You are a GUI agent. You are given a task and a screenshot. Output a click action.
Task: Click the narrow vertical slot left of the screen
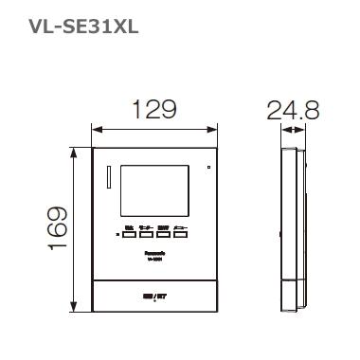point(109,178)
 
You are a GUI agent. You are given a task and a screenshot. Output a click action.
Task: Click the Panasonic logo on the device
point(155,253)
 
